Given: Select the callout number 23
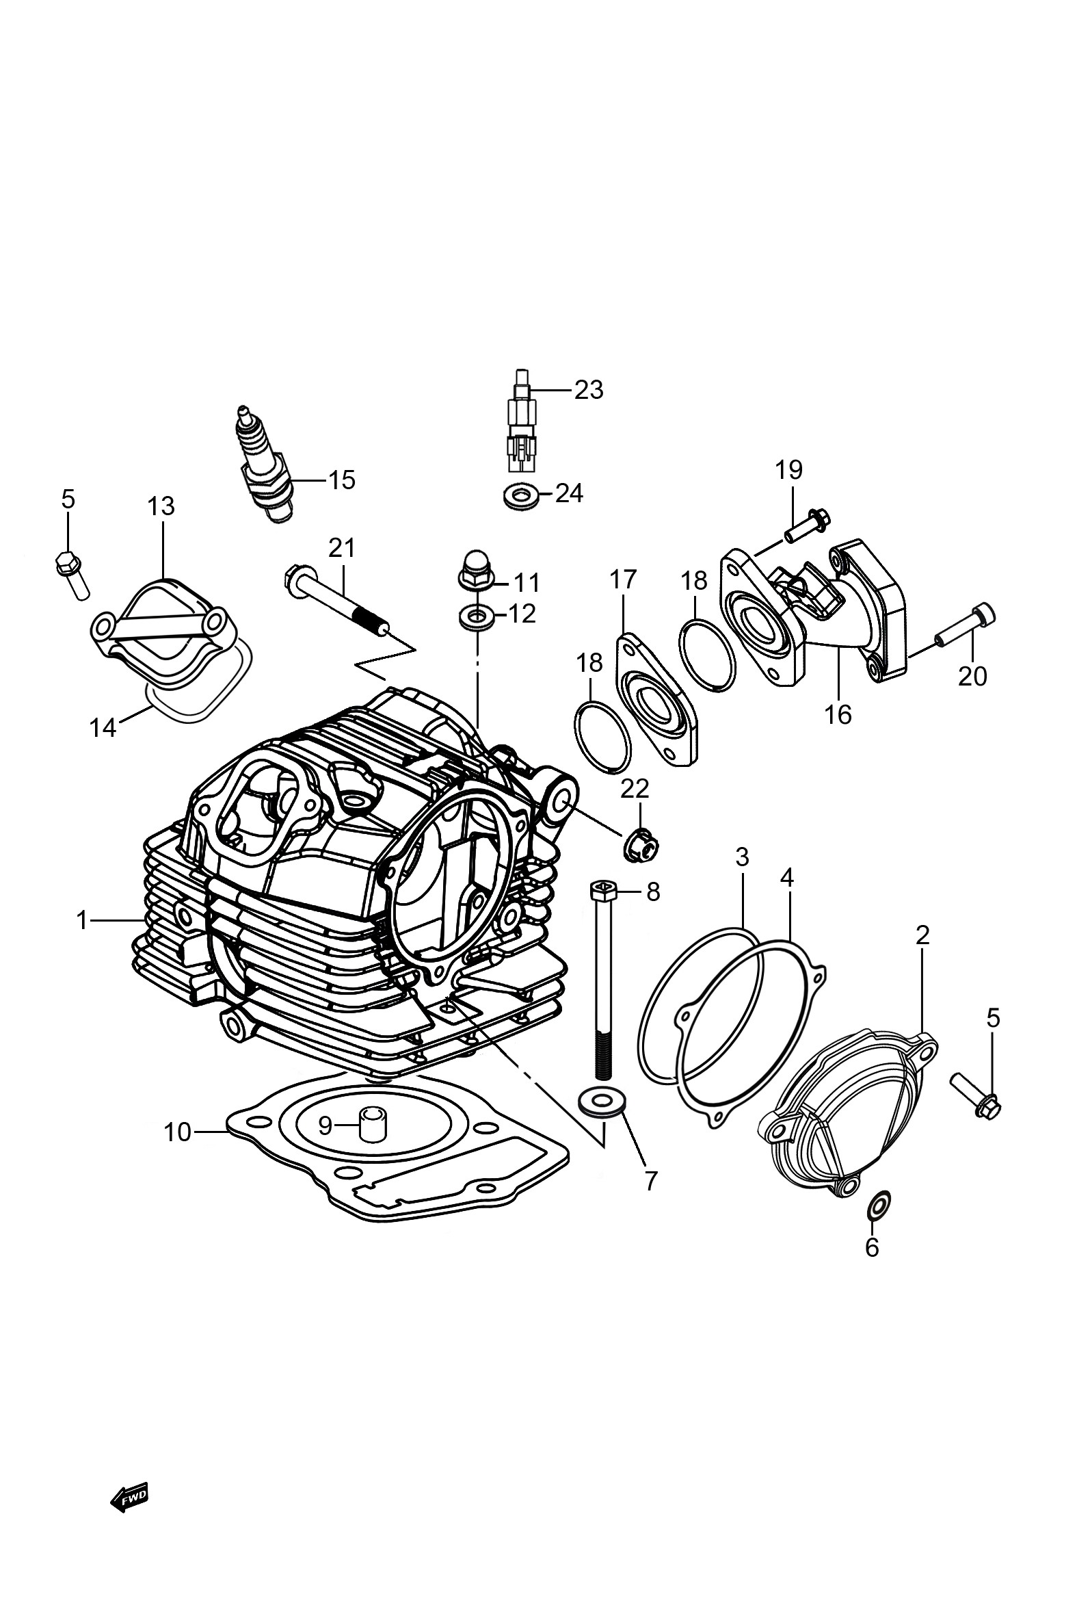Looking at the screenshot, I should tap(588, 389).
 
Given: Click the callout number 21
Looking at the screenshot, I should tap(342, 548).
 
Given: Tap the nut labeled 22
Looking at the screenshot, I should tap(640, 846).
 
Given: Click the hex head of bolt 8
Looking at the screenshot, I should tap(600, 891).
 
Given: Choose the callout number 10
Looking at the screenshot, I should tap(177, 1132).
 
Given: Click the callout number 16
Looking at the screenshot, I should tap(838, 714).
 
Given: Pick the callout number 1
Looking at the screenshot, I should tap(83, 920).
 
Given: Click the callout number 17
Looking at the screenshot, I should tap(623, 579).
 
